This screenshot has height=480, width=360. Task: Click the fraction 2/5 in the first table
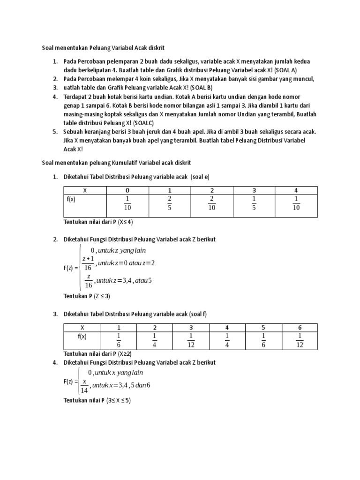click(170, 203)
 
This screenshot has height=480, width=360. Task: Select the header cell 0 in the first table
click(127, 190)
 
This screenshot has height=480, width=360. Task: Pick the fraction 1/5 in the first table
click(254, 203)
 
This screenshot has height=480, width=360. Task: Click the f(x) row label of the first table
click(71, 199)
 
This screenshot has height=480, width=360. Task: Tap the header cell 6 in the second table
click(300, 327)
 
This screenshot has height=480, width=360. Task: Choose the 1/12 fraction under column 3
click(191, 340)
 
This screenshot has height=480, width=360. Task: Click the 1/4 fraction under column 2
click(155, 340)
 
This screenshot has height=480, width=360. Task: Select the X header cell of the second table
click(82, 327)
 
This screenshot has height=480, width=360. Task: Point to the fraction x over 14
click(85, 385)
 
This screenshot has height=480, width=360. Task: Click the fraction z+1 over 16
click(88, 263)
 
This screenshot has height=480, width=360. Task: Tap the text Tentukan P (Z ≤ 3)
click(86, 296)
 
